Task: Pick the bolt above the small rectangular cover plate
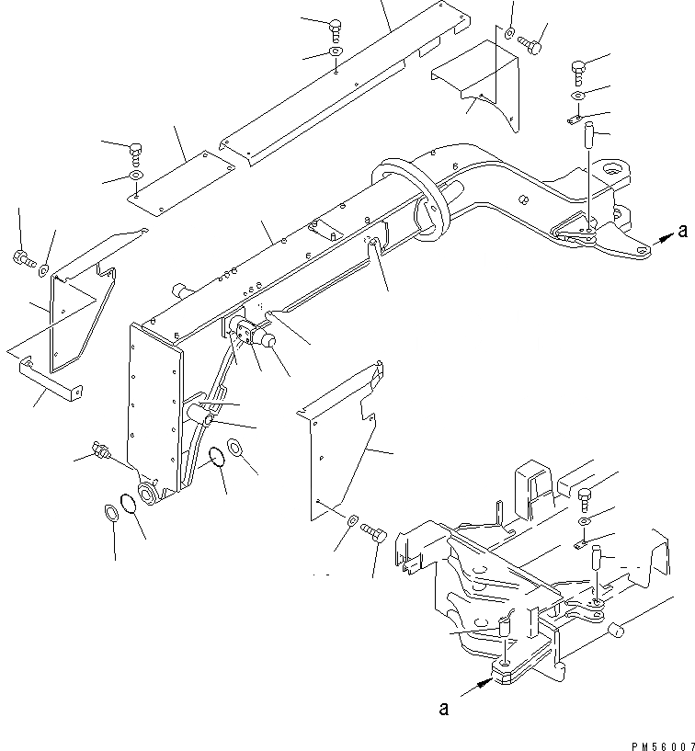point(136,150)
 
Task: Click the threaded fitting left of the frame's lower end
point(98,450)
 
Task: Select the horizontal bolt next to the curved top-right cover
point(530,41)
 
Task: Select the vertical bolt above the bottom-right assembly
point(586,498)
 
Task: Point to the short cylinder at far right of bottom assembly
point(618,632)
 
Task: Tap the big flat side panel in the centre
point(340,450)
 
